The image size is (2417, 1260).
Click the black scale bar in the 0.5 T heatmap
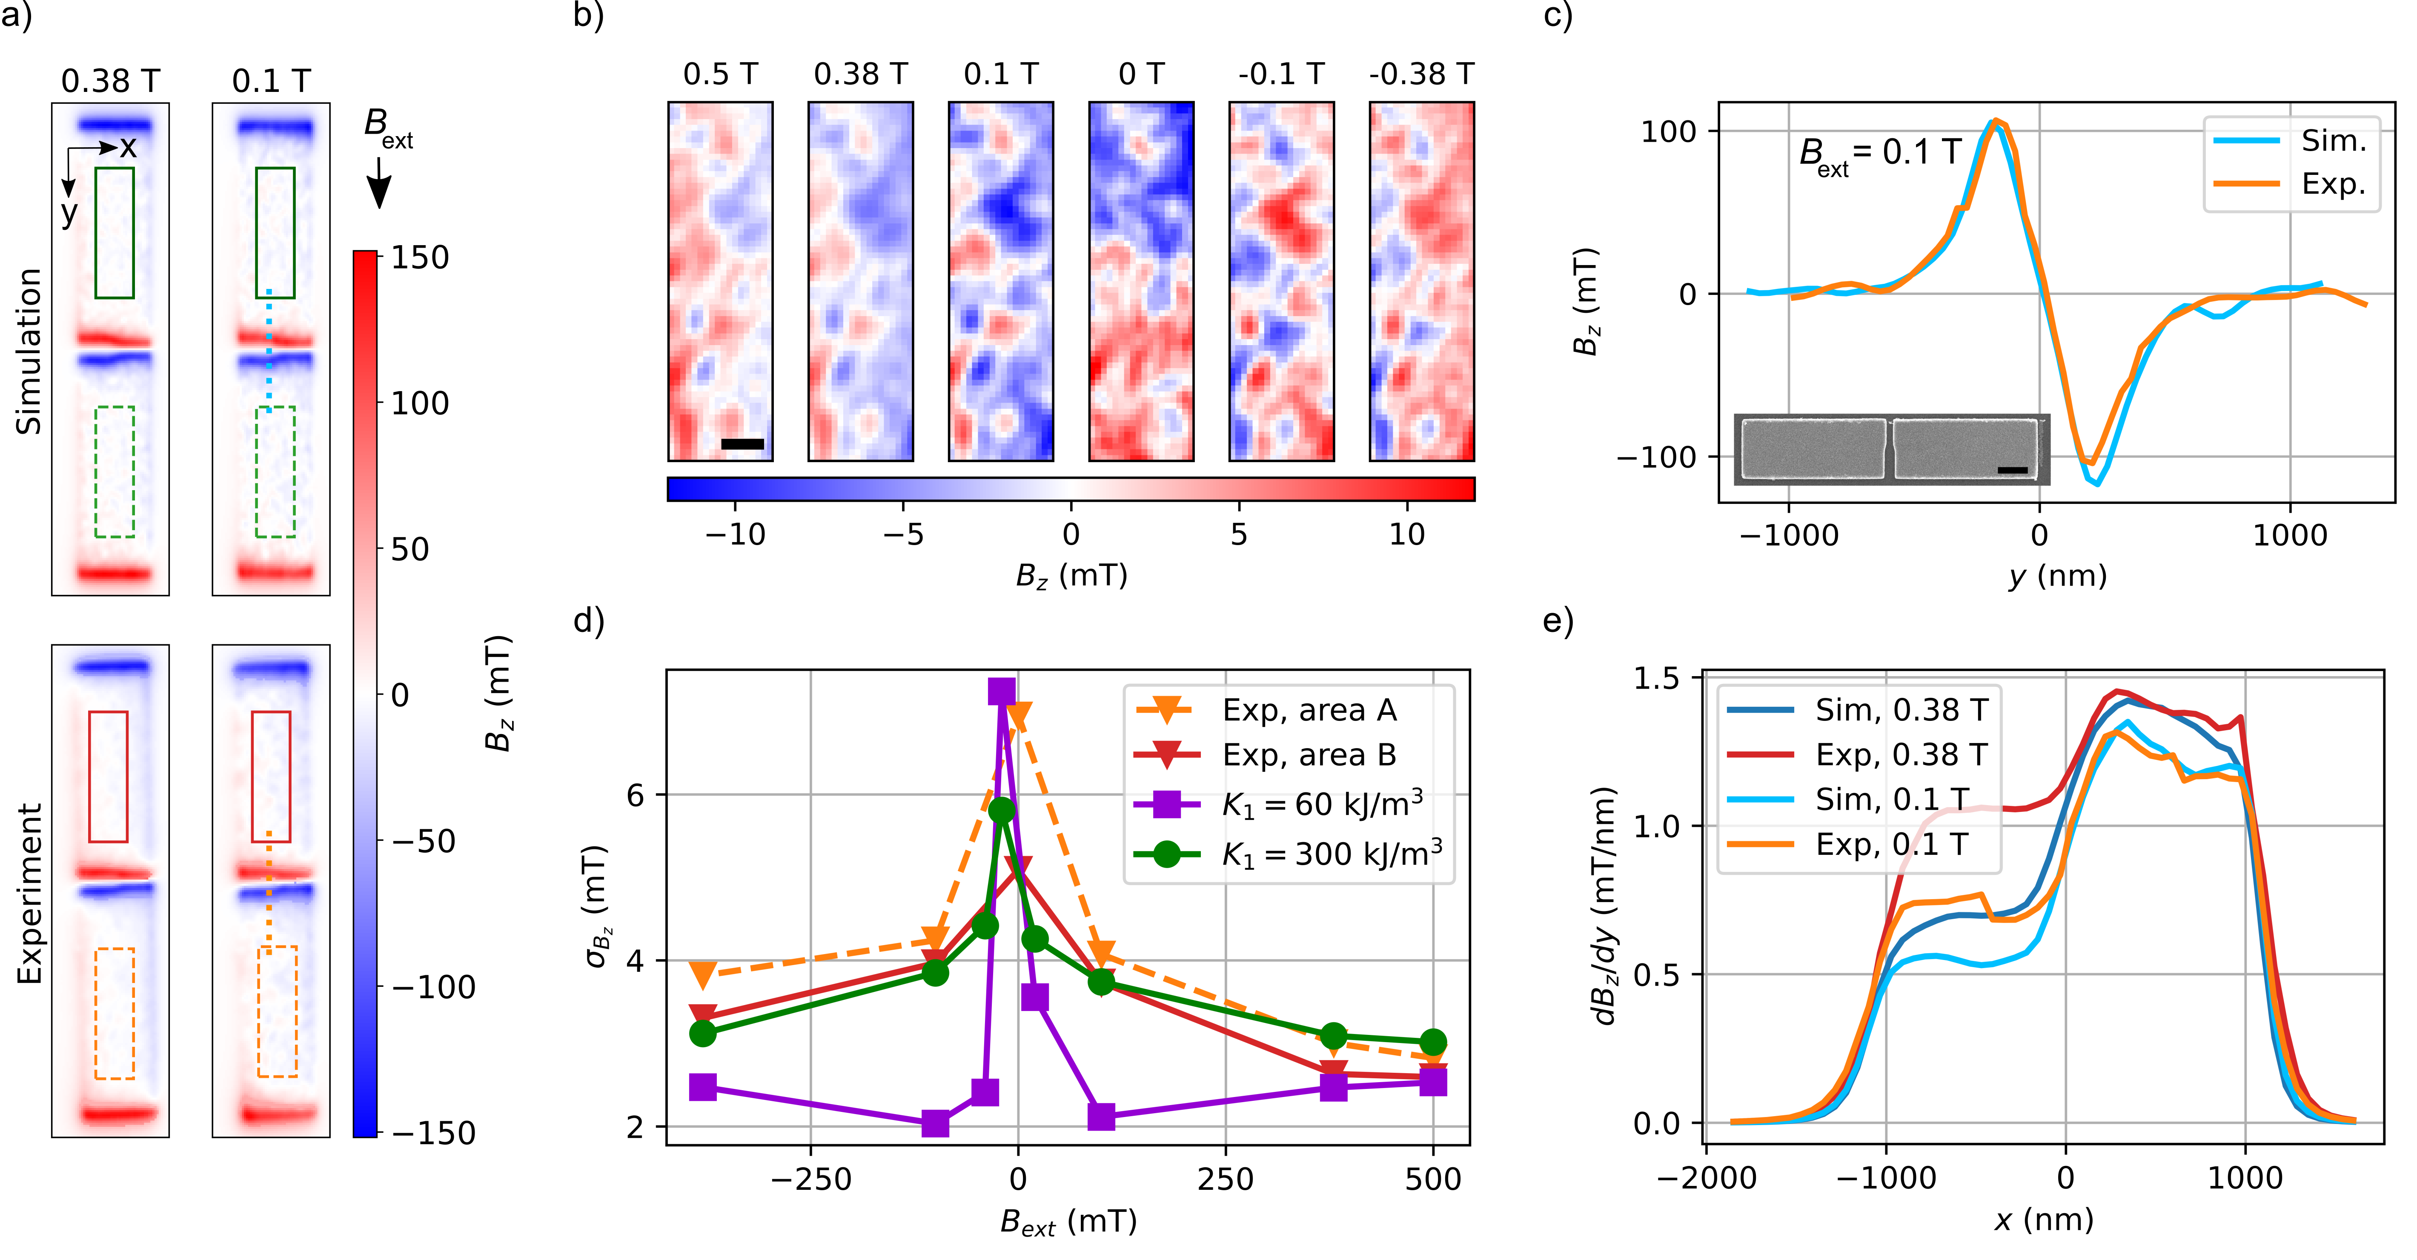coord(742,444)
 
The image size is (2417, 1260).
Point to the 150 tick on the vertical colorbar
coord(419,257)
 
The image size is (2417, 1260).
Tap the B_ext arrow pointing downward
coord(379,183)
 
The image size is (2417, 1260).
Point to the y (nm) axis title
coord(2057,575)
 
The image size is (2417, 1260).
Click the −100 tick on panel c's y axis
coord(1656,457)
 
